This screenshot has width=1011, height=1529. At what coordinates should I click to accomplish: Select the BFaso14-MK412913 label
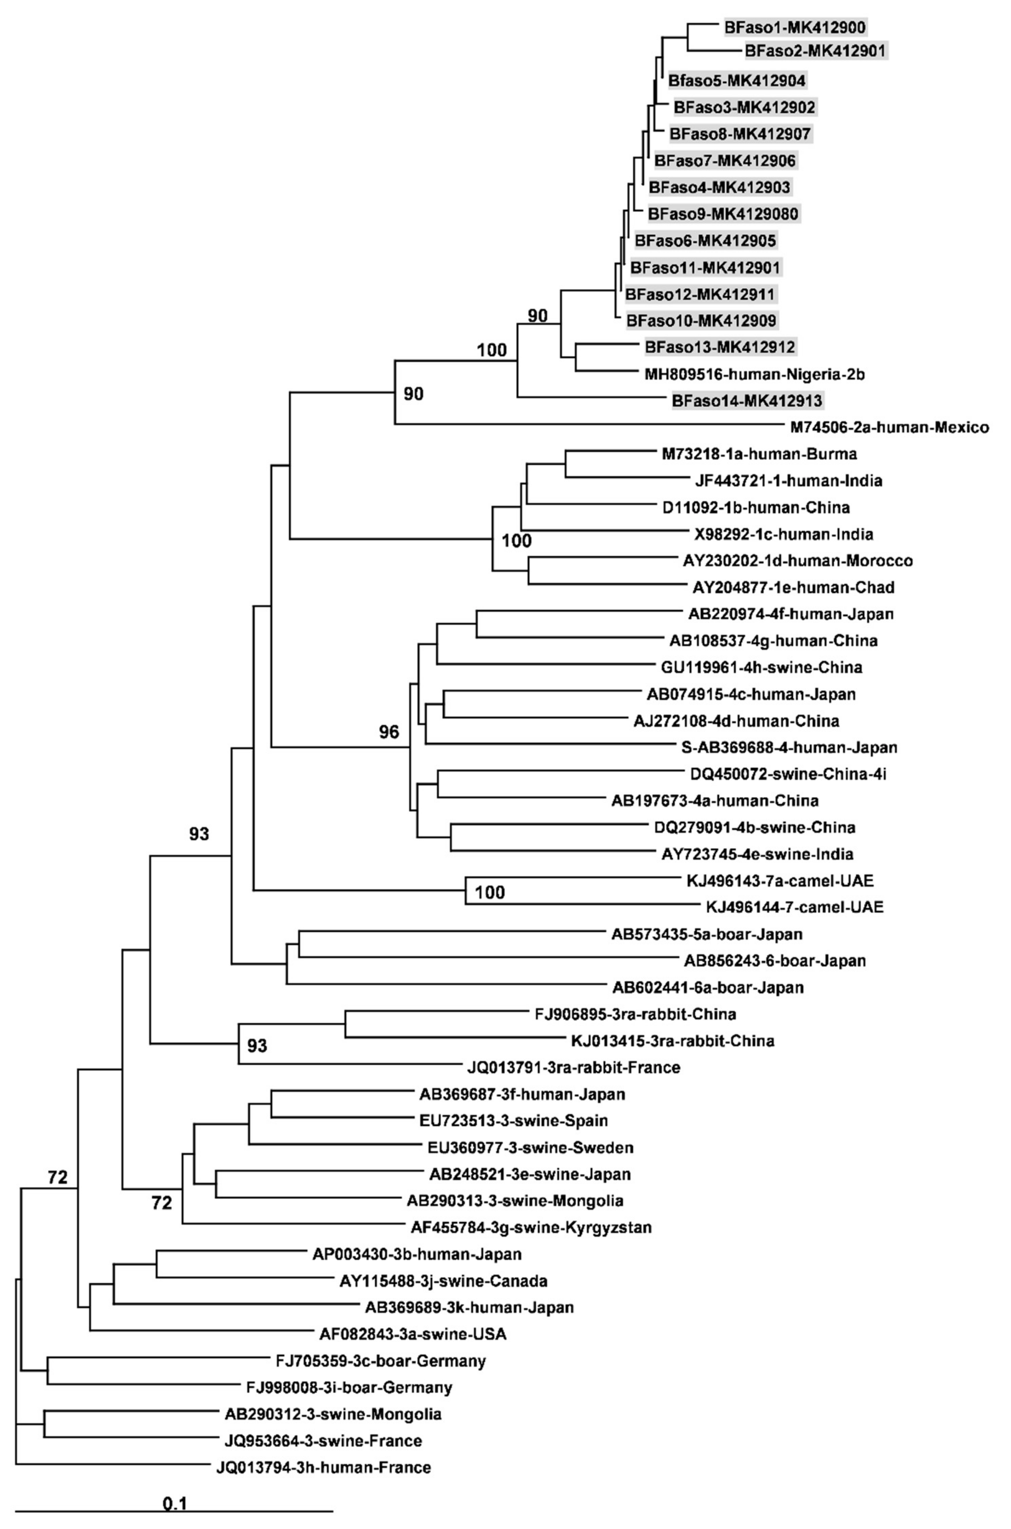coord(747,401)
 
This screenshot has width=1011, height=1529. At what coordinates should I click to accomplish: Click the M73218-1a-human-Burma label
coord(759,454)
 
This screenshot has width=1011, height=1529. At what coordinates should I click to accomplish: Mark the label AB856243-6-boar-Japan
coord(774,961)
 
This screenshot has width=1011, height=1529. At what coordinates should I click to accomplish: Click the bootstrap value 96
coord(389,732)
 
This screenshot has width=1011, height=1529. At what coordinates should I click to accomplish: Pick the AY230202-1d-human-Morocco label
coord(798,560)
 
